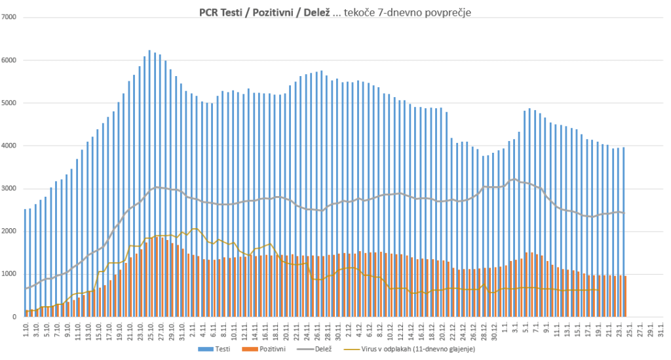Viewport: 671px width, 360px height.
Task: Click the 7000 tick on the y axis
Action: click(10, 17)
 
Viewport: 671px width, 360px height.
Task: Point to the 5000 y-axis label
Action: click(10, 103)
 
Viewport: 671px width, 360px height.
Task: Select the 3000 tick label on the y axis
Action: click(10, 189)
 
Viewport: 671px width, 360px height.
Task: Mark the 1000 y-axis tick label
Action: click(10, 274)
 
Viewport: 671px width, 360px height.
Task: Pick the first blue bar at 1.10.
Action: click(25, 262)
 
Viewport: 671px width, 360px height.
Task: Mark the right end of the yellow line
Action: click(598, 290)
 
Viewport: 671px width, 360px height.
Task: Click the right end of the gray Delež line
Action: click(624, 212)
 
